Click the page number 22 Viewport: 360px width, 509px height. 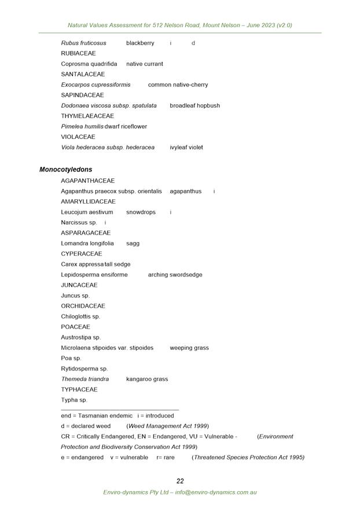point(180,481)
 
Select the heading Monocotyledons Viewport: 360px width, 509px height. point(65,170)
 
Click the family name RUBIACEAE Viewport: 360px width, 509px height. point(79,53)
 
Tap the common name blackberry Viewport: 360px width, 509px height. point(140,43)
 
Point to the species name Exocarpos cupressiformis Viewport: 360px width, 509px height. point(95,85)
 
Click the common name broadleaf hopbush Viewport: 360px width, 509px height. point(194,105)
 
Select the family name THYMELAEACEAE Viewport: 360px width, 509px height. point(88,116)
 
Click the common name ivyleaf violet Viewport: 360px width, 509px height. point(186,147)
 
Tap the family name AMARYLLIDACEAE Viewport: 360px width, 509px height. point(88,202)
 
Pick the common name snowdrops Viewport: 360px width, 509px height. point(141,212)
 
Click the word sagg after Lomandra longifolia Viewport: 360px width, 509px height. point(133,243)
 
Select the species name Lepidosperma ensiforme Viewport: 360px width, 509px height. point(94,274)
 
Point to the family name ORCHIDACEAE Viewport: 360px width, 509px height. point(83,306)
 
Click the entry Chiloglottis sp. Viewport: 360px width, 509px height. point(80,317)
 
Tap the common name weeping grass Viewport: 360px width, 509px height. point(189,348)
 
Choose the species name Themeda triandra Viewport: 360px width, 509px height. point(85,379)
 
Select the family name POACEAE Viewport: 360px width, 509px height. point(76,327)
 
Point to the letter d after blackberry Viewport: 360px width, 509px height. point(193,43)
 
